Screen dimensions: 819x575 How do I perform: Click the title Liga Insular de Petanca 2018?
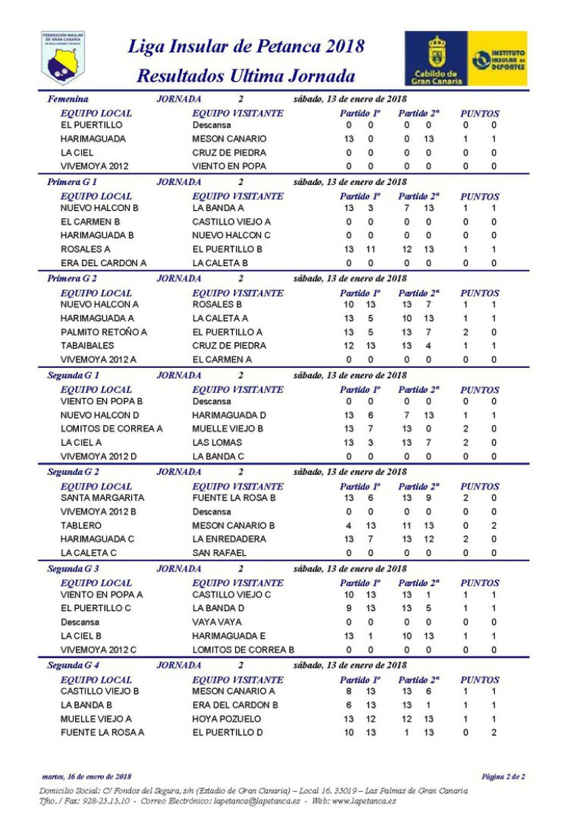pyautogui.click(x=246, y=47)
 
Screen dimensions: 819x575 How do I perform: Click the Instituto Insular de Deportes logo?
pyautogui.click(x=498, y=57)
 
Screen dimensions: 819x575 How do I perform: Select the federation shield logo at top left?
pyautogui.click(x=63, y=57)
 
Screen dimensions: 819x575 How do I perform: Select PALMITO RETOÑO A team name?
pyautogui.click(x=104, y=332)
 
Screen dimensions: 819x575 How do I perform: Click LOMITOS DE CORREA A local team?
pyautogui.click(x=111, y=428)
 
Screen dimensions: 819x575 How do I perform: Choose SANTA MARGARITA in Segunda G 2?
pyautogui.click(x=102, y=498)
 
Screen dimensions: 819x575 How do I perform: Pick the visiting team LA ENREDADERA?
pyautogui.click(x=230, y=539)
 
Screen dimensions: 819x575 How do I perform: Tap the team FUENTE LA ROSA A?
pyautogui.click(x=102, y=732)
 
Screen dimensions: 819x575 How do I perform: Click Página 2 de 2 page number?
pyautogui.click(x=503, y=776)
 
